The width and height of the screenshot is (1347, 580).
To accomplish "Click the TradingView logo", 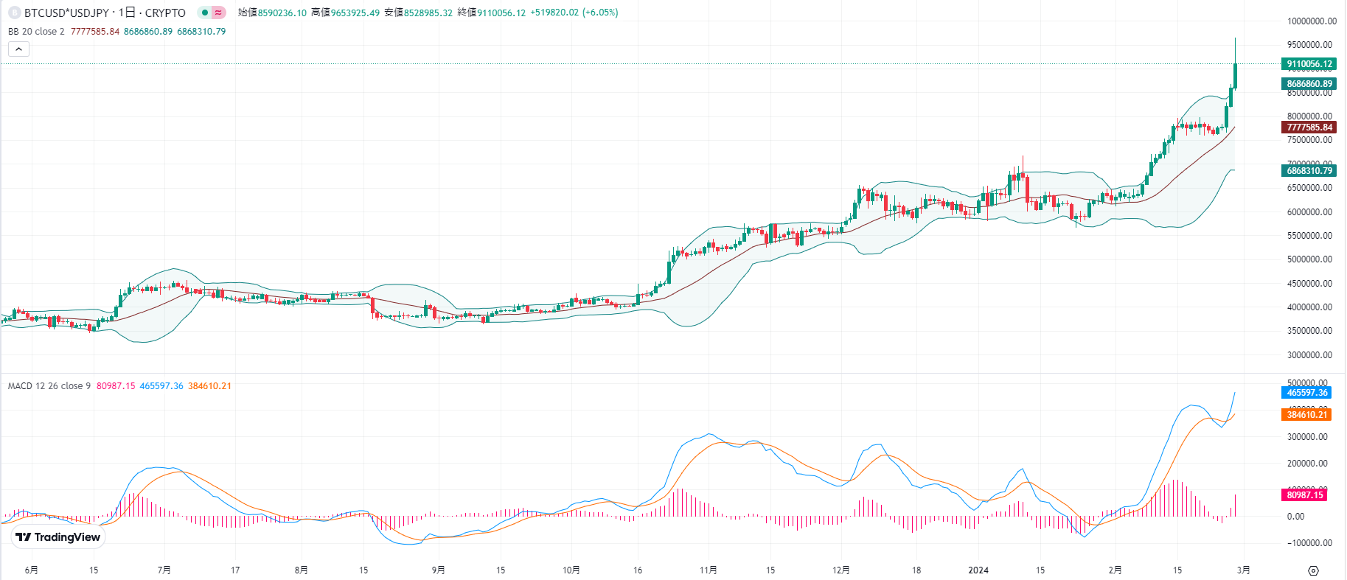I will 58,537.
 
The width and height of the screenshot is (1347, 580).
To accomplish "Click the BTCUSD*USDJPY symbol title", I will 66,13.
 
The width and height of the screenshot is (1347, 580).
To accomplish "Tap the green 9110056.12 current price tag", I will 1309,64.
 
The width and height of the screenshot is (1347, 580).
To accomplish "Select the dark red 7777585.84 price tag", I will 1309,127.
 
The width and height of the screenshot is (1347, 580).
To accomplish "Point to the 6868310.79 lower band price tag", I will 1309,171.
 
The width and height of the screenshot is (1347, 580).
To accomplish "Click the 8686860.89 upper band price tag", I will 1309,84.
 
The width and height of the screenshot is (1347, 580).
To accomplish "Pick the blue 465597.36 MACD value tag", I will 1306,393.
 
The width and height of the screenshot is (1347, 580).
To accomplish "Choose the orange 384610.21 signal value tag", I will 1306,415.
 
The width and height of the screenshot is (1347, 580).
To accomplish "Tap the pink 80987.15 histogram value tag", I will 1304,495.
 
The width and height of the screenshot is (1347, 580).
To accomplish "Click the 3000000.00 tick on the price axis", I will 1309,355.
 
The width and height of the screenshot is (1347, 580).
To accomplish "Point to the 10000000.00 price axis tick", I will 1312,22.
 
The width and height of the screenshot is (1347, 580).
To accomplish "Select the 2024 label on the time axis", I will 978,570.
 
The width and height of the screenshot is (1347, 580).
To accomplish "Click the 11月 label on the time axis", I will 708,570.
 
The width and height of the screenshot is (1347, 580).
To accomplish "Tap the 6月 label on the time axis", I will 31,570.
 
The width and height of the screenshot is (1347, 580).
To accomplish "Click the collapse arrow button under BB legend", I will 18,49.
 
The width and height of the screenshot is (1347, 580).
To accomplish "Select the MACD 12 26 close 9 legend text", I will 49,386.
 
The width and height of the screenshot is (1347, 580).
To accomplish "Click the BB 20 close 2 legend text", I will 36,32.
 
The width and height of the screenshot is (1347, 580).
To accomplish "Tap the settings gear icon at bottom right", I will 1313,570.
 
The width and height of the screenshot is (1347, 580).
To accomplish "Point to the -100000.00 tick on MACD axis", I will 1309,543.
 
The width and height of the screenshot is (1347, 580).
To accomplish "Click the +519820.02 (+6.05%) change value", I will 574,13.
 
